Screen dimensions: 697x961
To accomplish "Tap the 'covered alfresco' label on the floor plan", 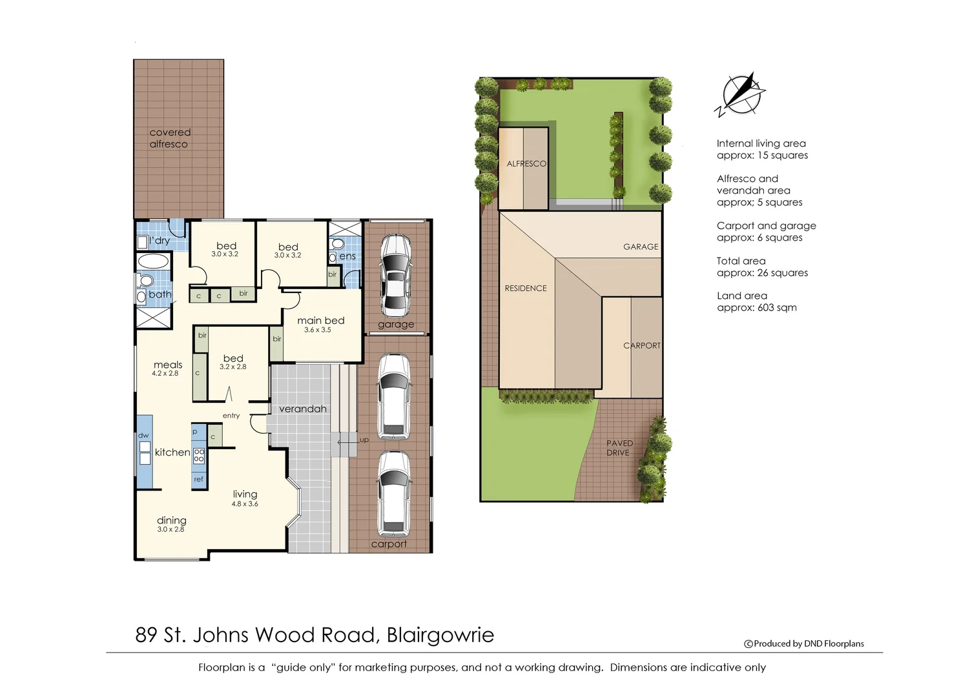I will pos(170,138).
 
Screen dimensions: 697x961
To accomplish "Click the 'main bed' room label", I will pos(320,321).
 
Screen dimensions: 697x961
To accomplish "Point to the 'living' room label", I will pos(245,494).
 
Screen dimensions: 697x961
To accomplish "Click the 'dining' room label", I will pos(171,521).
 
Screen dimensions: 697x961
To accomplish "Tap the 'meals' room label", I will pos(168,365).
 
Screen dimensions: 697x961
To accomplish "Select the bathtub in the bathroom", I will pos(153,261).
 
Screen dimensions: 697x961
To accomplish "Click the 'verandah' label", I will pos(302,409).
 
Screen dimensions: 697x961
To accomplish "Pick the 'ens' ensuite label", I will pos(347,256).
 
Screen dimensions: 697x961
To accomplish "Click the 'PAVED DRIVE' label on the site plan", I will pos(619,448).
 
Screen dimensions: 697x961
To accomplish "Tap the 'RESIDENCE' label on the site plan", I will pos(525,288).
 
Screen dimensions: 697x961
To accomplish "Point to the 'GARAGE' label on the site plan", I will pos(640,247).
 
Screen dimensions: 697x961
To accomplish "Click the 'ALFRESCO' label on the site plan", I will pos(526,164).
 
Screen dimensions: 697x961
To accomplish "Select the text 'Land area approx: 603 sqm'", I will pos(756,301).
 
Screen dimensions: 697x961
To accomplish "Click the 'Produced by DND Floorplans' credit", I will pos(804,643).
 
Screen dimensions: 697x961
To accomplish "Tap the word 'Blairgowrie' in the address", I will pos(440,635).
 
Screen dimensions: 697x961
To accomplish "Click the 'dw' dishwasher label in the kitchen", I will pos(143,436).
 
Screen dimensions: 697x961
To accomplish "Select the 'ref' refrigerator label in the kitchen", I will pos(198,480).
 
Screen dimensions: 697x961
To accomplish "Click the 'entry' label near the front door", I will pos(231,416).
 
